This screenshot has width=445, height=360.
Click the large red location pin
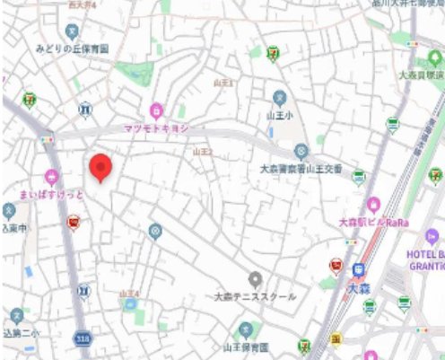coord(100,167)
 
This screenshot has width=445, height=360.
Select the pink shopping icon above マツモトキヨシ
coord(158,110)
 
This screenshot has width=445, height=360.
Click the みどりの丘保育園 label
coord(73,48)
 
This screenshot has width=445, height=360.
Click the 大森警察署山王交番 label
coord(301,168)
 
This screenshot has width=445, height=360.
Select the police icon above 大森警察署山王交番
coord(301,151)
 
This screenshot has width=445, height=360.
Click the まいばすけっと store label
coord(52,193)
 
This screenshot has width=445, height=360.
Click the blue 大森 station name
coord(359,288)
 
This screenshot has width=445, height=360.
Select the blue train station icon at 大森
coord(359,269)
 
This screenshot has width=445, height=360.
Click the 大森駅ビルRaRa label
coord(373,221)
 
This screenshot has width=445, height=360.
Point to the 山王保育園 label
coord(246,346)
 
